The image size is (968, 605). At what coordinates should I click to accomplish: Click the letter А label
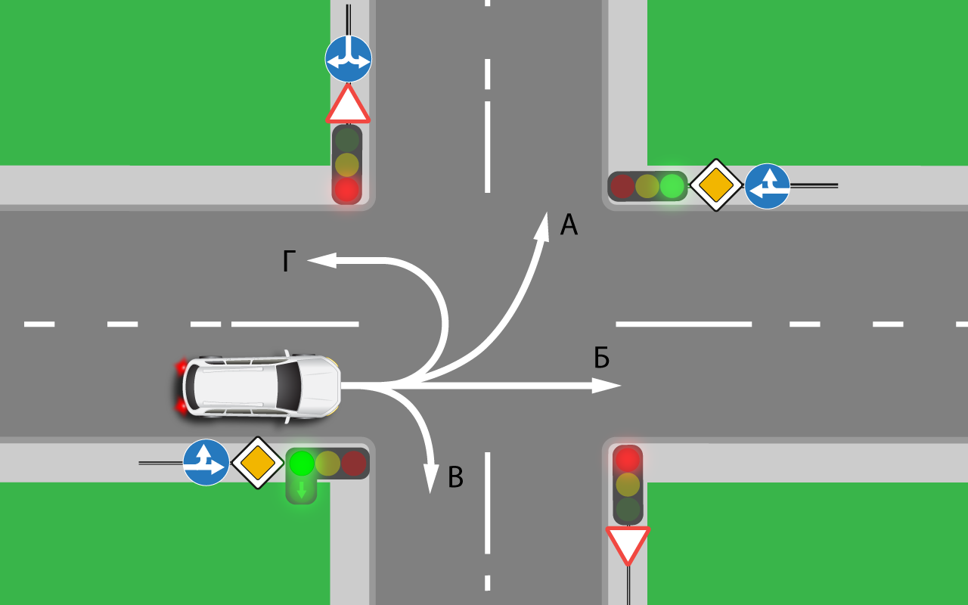[569, 225]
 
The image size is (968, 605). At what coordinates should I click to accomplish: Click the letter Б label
[601, 358]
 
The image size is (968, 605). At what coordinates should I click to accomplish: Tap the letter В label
[455, 478]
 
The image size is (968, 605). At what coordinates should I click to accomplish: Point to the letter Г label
[288, 262]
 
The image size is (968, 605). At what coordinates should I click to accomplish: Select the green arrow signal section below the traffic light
[301, 490]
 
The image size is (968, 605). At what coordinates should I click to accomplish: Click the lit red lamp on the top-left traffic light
[347, 189]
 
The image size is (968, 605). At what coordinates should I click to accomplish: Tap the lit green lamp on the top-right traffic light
[672, 186]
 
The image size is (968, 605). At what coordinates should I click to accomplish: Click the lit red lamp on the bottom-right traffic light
[627, 459]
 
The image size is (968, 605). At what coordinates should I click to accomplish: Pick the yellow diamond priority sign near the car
[258, 462]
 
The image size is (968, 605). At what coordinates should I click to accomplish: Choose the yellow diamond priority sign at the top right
[716, 185]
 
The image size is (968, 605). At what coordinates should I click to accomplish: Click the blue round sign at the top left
[349, 59]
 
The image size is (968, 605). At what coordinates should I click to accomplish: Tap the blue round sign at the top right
[767, 186]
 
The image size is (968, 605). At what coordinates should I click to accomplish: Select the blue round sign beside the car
[206, 462]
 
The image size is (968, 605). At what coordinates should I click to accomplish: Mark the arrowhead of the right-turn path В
[430, 479]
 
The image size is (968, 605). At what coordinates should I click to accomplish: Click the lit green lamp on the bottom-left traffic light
[302, 462]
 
